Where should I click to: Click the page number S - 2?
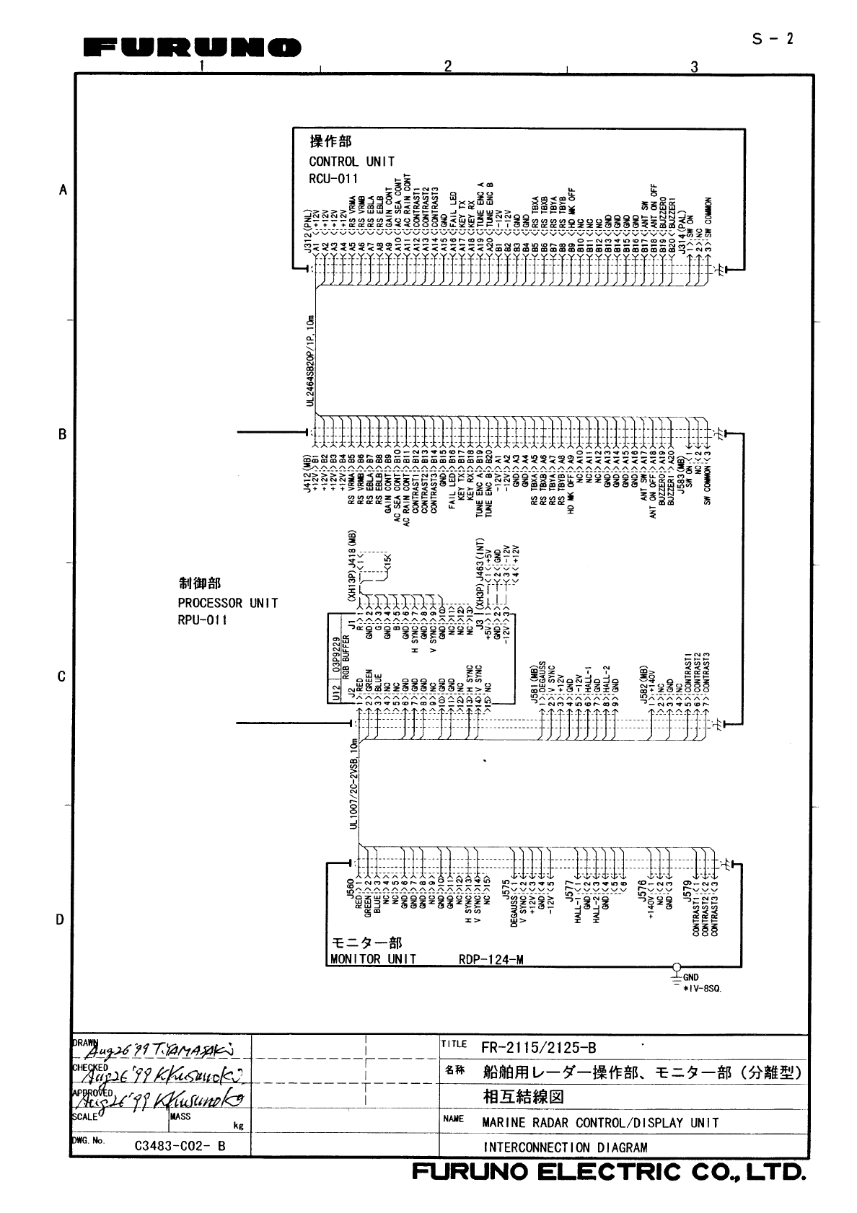[x=773, y=39]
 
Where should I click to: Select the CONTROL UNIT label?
[x=351, y=162]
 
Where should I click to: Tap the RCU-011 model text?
[x=333, y=179]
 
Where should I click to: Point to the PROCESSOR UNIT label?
[x=227, y=603]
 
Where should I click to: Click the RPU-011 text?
[x=203, y=620]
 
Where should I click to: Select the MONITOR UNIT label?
[x=373, y=959]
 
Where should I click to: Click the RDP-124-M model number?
[x=491, y=959]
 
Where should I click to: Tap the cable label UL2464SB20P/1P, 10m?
[x=310, y=361]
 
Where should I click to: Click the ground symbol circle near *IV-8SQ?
[x=676, y=967]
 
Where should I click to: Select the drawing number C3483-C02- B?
[x=180, y=1145]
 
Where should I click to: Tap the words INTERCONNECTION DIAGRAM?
[x=565, y=1147]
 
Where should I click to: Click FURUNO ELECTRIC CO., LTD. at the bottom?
[x=607, y=1172]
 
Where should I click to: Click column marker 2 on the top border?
[x=447, y=66]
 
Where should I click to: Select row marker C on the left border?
[x=63, y=676]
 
